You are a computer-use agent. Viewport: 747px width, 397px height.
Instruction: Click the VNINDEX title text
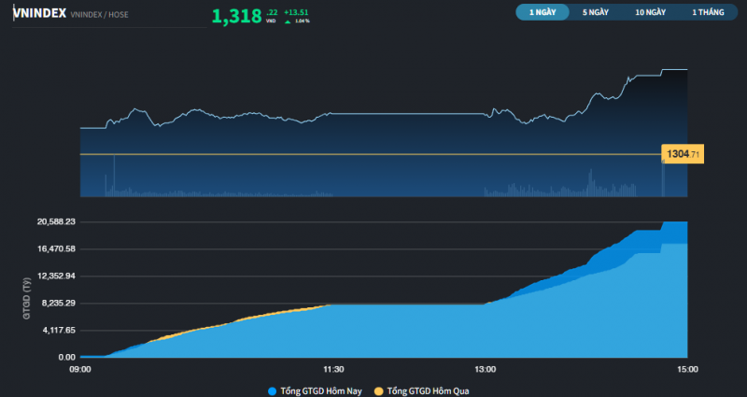coord(39,13)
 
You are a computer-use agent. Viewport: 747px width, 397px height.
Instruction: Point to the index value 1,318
coord(236,16)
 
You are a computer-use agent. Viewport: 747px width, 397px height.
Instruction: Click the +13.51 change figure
coord(297,11)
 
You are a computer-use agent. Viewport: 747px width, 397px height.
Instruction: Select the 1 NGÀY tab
coord(543,13)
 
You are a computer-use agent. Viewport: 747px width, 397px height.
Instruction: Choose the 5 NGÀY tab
coord(596,13)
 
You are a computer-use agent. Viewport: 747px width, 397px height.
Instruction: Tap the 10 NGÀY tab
coord(650,13)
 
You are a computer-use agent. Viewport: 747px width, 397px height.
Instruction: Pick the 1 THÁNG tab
coord(708,13)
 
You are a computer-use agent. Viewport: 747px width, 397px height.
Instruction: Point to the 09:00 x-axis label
coord(80,370)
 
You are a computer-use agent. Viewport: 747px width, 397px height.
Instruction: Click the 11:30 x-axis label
coord(333,370)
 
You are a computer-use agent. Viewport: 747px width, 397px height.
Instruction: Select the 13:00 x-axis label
coord(485,370)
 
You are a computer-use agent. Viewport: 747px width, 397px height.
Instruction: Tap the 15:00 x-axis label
coord(687,370)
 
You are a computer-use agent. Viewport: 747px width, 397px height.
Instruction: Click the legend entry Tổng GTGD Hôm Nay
coord(315,390)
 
